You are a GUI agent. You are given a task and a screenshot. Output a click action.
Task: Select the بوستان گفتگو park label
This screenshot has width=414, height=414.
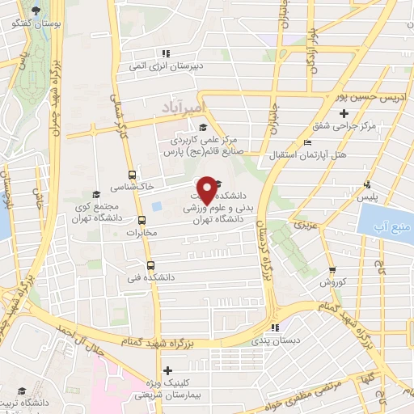pyautogui.click(x=32, y=23)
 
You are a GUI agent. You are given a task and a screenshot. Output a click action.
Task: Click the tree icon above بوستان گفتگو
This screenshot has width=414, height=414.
pyautogui.click(x=36, y=11)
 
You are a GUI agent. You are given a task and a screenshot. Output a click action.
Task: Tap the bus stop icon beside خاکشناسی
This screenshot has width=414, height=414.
pyautogui.click(x=133, y=175)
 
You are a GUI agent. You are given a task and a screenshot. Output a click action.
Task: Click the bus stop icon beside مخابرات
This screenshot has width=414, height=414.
pyautogui.click(x=142, y=220)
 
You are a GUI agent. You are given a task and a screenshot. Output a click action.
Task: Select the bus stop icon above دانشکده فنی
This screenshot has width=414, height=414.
pyautogui.click(x=150, y=265)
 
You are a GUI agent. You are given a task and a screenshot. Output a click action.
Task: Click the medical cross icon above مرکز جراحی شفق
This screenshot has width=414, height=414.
pyautogui.click(x=344, y=113)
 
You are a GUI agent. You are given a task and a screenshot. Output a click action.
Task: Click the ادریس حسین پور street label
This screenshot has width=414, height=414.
pyautogui.click(x=369, y=96)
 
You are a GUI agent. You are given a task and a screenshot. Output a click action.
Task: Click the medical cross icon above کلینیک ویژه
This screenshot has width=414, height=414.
pyautogui.click(x=167, y=370)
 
